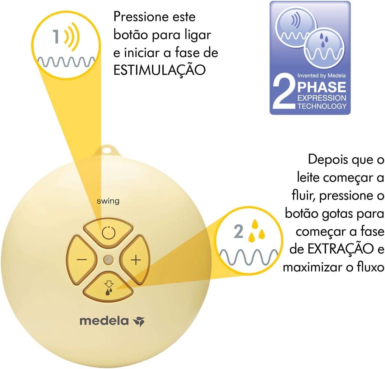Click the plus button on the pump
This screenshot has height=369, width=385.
(x=136, y=260)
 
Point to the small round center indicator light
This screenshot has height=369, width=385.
(x=109, y=259)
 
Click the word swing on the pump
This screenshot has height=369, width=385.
(x=108, y=201)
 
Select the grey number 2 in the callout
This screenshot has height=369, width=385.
(x=239, y=232)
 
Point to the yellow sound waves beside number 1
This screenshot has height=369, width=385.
(x=72, y=36)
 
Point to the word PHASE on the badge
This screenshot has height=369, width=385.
(x=322, y=87)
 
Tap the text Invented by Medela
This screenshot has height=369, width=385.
(x=322, y=75)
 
